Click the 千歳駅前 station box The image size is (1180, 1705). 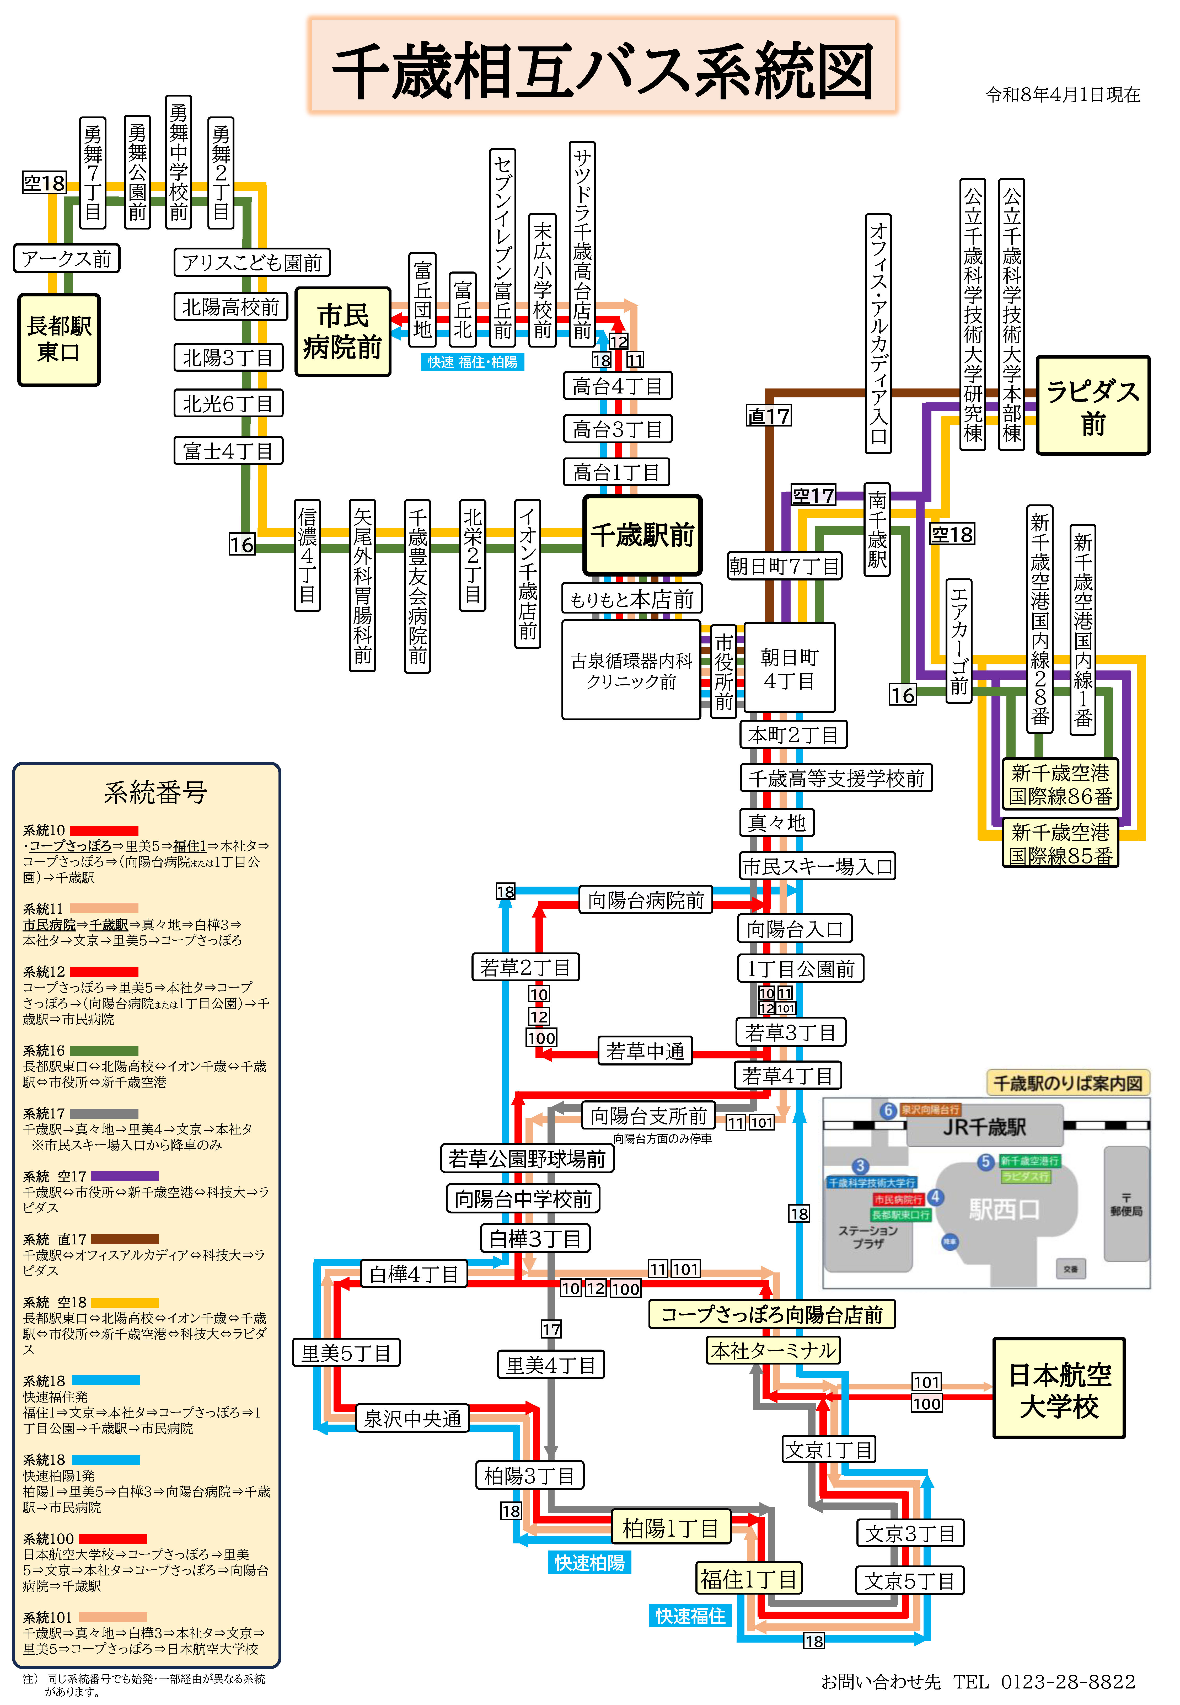click(642, 535)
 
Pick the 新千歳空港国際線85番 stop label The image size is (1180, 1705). click(1060, 844)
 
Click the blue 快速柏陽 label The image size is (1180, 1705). click(589, 1562)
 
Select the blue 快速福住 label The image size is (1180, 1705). click(690, 1616)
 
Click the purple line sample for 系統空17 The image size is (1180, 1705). click(124, 1176)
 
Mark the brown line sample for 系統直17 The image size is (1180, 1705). click(124, 1238)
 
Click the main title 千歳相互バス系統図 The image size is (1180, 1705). click(603, 70)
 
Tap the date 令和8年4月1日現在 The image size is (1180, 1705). click(1063, 95)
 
